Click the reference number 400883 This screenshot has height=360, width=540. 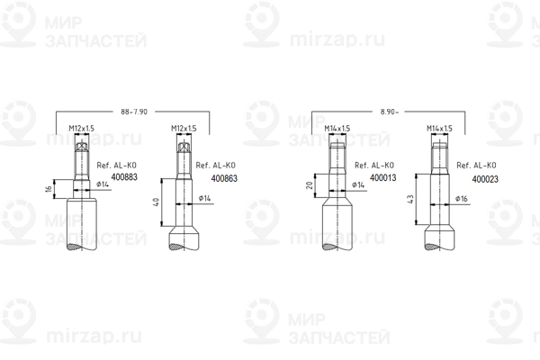point(124,177)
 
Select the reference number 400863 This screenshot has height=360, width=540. point(224,178)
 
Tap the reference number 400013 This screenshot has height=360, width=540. point(383,178)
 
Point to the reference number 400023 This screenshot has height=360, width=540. point(485,179)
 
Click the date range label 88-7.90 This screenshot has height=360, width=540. point(134,112)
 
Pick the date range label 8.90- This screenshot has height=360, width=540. point(389,112)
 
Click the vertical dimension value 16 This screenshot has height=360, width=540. point(49,189)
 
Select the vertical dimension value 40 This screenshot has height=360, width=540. point(156,202)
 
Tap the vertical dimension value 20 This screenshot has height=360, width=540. point(310,185)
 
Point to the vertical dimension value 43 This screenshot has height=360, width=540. point(409,199)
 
